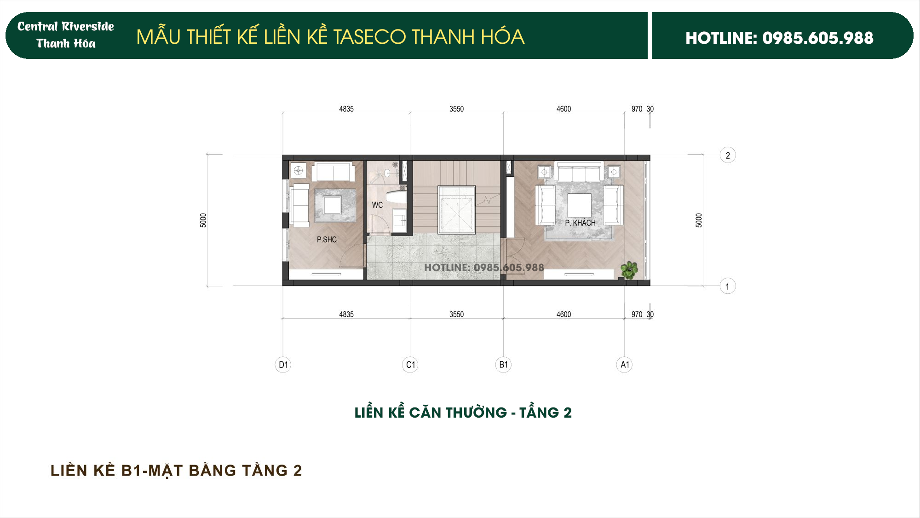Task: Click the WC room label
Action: click(x=377, y=205)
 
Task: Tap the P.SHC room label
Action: click(x=327, y=239)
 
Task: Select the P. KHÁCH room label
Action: click(x=580, y=223)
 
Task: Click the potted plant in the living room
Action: click(x=628, y=270)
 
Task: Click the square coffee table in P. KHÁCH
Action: click(x=579, y=205)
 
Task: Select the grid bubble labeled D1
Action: click(x=283, y=365)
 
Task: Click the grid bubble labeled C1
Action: click(x=410, y=365)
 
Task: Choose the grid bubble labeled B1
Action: click(x=504, y=365)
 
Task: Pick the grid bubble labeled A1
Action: click(x=624, y=365)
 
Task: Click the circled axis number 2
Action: click(x=728, y=156)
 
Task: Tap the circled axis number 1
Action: click(x=727, y=286)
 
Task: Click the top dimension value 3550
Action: click(x=456, y=109)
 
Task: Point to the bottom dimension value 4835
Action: click(x=346, y=314)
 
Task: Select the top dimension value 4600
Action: click(x=563, y=109)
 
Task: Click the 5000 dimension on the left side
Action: click(x=203, y=220)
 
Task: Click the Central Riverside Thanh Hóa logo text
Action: click(x=66, y=35)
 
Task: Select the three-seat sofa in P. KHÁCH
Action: click(x=579, y=172)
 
